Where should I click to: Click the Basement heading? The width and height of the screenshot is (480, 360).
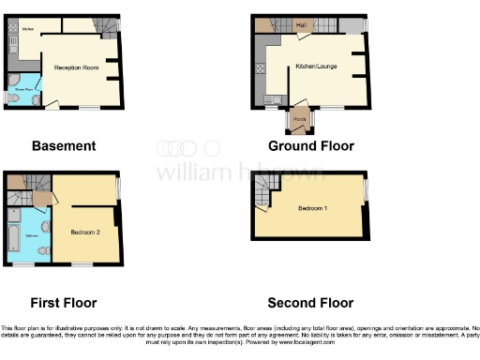click(64, 146)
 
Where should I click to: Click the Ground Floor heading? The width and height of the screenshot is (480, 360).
click(310, 146)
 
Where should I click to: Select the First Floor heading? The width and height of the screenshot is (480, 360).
click(64, 303)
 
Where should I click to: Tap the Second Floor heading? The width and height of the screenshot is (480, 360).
click(310, 303)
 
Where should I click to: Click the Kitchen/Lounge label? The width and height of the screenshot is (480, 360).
click(316, 67)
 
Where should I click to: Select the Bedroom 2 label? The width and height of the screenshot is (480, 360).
click(86, 230)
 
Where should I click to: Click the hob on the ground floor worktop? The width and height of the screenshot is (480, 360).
click(261, 68)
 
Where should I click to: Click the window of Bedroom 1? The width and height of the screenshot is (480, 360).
click(366, 191)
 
